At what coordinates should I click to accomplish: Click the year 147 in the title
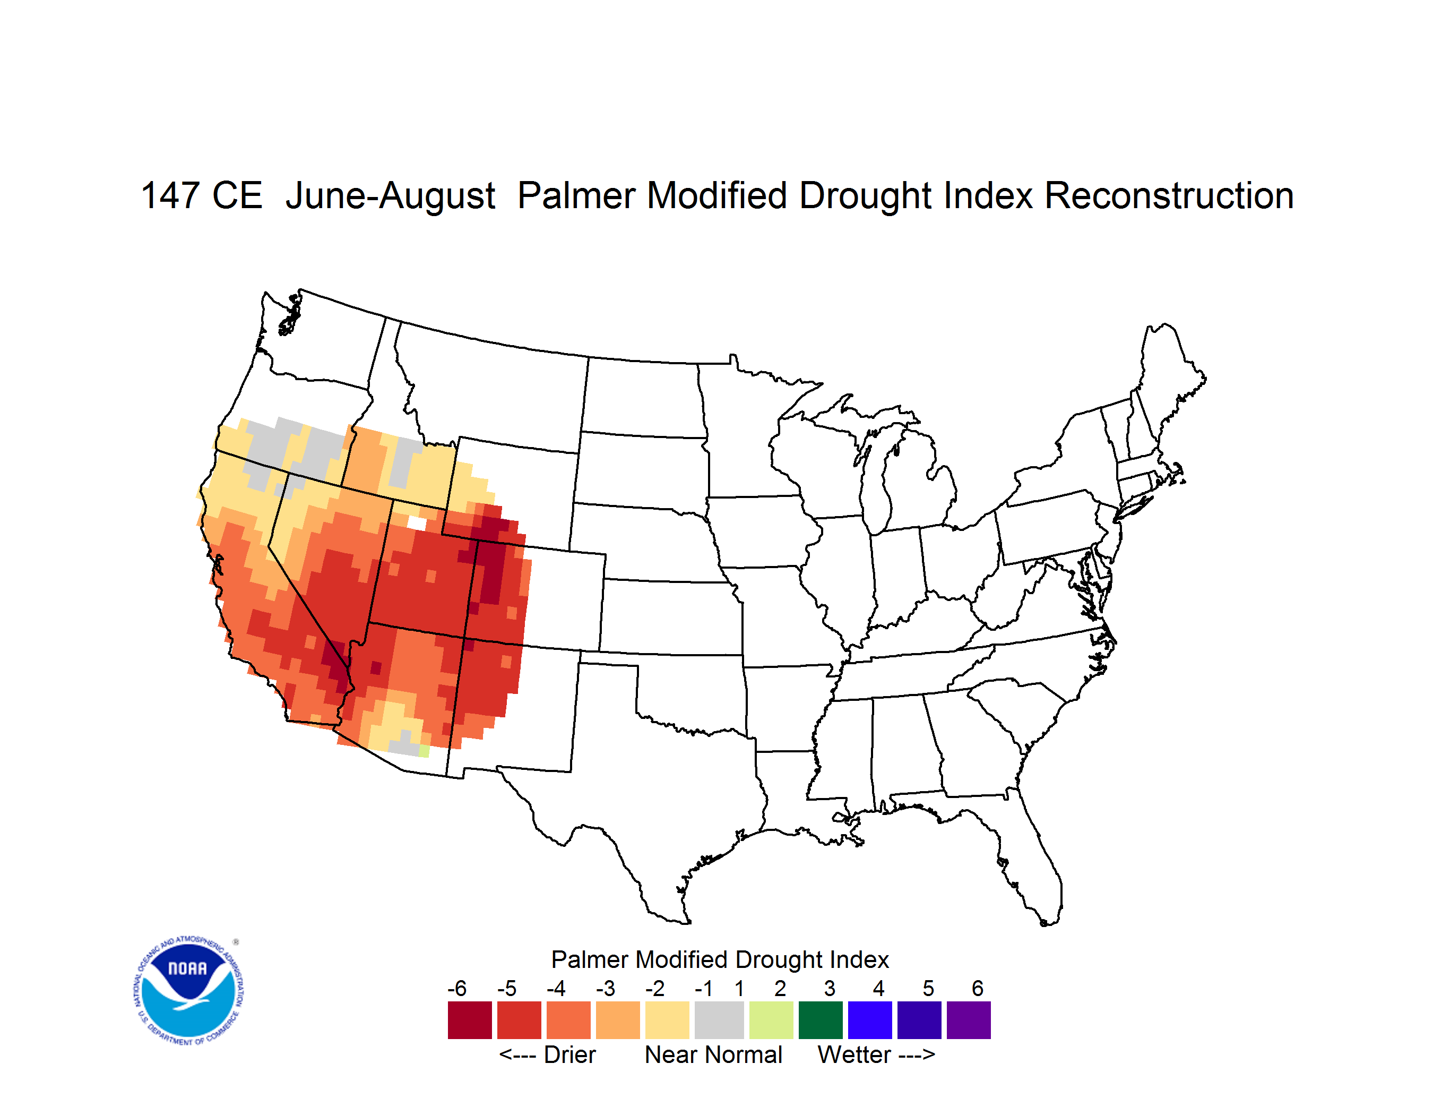[x=170, y=195]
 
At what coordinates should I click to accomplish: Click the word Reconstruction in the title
[x=1169, y=195]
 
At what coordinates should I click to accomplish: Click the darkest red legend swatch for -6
[x=470, y=1020]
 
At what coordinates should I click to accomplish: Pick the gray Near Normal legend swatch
[x=719, y=1020]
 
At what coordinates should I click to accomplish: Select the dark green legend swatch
[x=820, y=1020]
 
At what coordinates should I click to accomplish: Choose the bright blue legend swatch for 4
[x=870, y=1020]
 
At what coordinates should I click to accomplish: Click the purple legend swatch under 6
[x=969, y=1020]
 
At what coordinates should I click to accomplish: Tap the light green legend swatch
[x=771, y=1020]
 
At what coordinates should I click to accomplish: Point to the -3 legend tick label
[x=606, y=988]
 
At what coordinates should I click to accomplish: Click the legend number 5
[x=928, y=988]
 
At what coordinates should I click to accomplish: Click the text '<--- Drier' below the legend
[x=547, y=1054]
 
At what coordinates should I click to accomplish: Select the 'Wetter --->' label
[x=876, y=1054]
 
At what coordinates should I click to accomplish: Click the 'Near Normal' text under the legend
[x=714, y=1054]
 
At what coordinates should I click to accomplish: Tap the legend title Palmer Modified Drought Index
[x=720, y=959]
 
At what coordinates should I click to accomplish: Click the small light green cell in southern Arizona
[x=424, y=751]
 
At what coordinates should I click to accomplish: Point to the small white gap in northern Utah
[x=417, y=523]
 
